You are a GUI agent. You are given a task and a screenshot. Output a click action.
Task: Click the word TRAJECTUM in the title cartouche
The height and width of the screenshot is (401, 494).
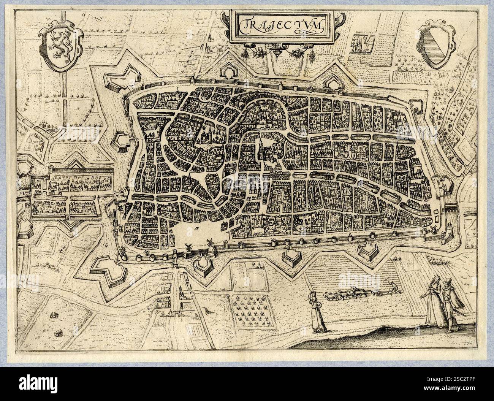[281, 25]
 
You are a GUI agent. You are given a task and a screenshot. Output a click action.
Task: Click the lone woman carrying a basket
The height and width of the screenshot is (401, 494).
[318, 314]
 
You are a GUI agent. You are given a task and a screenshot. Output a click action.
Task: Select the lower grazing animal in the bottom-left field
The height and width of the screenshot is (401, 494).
[58, 333]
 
